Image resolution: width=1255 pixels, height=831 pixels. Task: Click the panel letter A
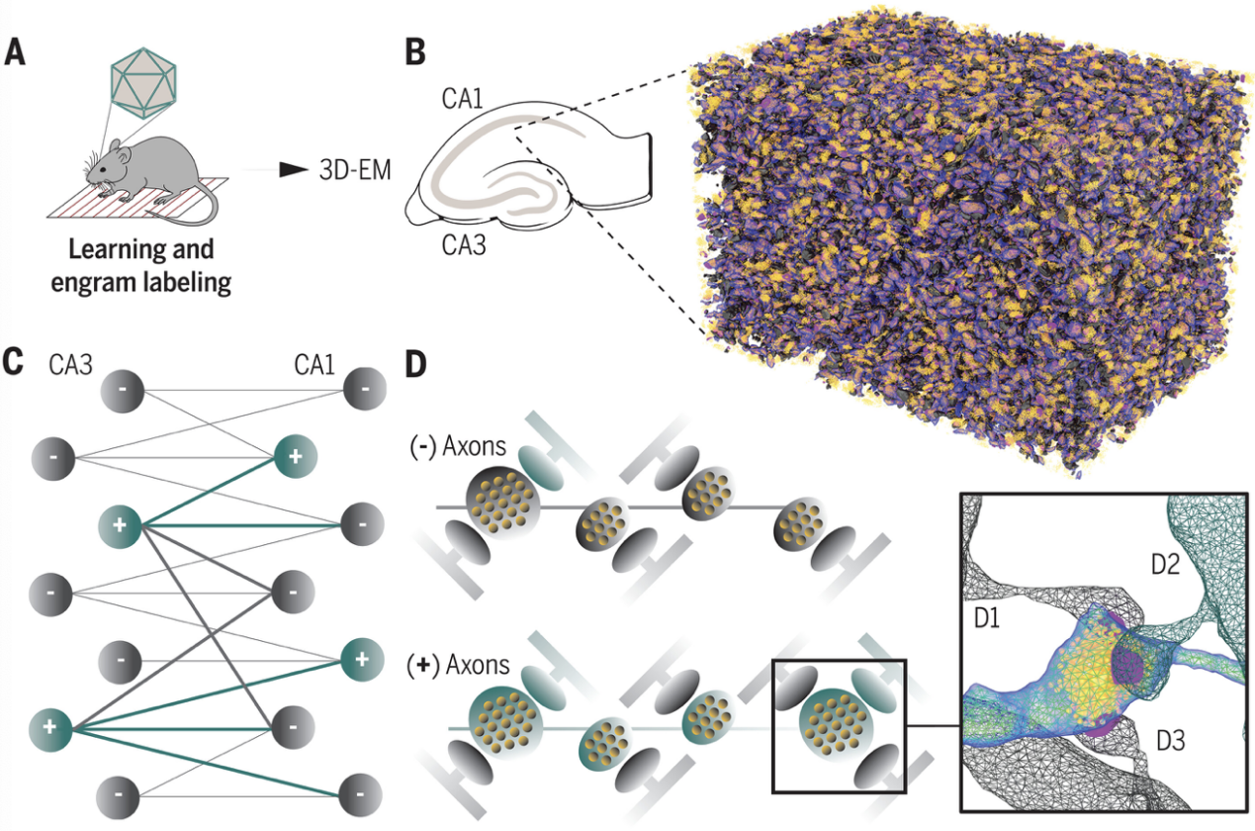[x=15, y=53]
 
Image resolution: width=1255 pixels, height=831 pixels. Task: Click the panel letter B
[x=415, y=53]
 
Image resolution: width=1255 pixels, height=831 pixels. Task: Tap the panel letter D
[x=415, y=365]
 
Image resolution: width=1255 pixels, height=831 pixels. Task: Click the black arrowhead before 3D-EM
[x=294, y=170]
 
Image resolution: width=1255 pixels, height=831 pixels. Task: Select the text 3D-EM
[x=355, y=170]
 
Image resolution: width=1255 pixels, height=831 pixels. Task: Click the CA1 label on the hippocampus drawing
[x=462, y=99]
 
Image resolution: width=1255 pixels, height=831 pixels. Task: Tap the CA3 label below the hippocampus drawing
[x=464, y=245]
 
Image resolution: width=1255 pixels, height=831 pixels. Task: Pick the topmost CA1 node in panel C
[x=365, y=389]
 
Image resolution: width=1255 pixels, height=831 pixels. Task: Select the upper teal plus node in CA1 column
[x=296, y=457]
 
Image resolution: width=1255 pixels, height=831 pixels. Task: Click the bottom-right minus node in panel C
[x=361, y=794]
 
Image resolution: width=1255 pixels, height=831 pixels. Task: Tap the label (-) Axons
[x=458, y=446]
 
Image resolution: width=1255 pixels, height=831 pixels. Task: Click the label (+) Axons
[x=458, y=665]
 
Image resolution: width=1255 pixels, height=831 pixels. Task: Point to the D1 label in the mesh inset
[x=987, y=618]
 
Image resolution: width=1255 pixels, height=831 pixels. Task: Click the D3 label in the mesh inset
[x=1171, y=741]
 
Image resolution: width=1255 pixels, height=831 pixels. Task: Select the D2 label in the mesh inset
[x=1166, y=564]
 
